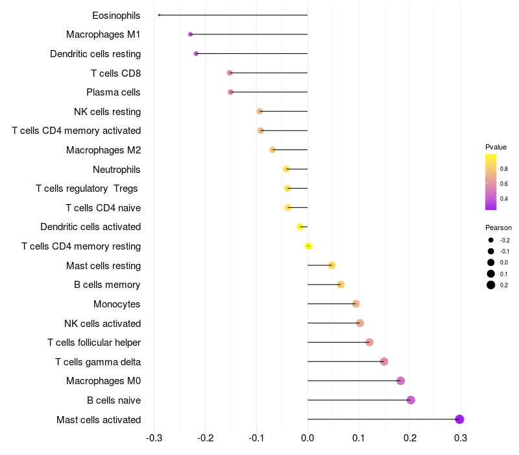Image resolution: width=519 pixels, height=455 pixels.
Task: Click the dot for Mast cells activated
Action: coord(459,419)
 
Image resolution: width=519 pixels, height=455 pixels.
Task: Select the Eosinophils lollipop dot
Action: coord(159,15)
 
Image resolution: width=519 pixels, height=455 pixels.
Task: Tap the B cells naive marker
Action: coord(411,400)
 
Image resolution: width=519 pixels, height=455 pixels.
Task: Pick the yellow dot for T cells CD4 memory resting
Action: coord(309,246)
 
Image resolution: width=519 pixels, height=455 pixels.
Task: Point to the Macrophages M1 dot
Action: coord(190,34)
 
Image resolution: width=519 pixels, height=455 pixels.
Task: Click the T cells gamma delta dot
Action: coord(384,361)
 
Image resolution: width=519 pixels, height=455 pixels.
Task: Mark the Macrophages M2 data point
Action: coord(272,149)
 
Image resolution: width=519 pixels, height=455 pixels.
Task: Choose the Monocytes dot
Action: coord(356,304)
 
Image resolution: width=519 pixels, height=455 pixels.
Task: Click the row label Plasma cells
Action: coord(114,92)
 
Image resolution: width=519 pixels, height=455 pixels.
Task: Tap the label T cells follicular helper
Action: coord(94,343)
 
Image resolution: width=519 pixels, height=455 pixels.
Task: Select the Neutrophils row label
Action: coord(117,170)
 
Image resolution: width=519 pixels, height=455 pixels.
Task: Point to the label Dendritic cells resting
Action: coord(95,54)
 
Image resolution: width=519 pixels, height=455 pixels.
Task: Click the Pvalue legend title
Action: coord(496,147)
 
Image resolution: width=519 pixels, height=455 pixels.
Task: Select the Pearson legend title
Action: coord(498,228)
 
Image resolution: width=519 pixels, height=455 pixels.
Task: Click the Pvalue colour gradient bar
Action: coord(491,182)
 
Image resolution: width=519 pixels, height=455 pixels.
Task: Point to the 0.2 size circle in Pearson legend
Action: coord(491,285)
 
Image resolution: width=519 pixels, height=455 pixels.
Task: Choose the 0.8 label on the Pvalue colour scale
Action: coord(504,168)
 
